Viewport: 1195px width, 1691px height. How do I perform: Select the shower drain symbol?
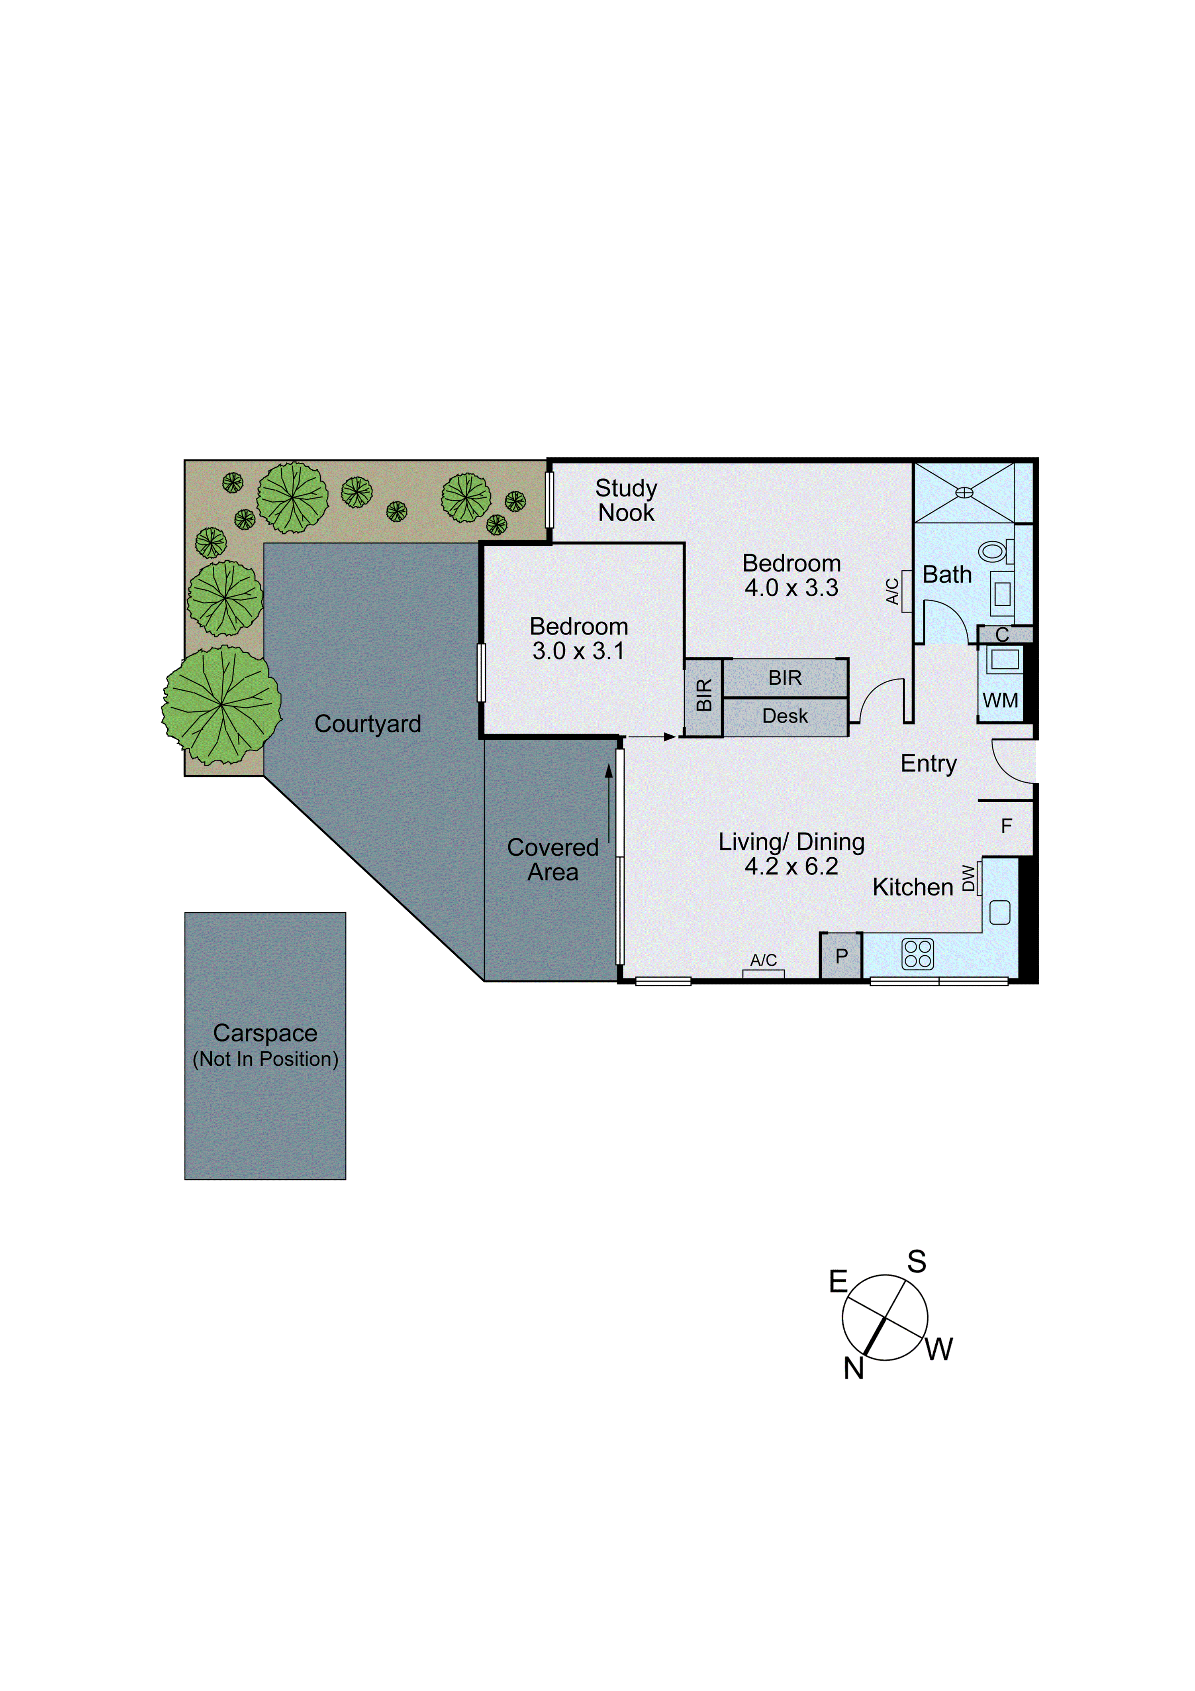[964, 492]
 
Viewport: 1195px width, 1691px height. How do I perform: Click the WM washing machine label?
[1000, 700]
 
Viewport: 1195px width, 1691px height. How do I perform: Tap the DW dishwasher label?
[968, 878]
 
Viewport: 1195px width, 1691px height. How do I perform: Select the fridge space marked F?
[1006, 826]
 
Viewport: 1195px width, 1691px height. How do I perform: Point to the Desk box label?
[785, 716]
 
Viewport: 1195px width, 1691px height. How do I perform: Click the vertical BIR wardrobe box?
[703, 696]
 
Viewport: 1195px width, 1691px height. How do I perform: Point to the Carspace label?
[265, 1033]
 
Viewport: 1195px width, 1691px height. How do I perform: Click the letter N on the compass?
[853, 1369]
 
